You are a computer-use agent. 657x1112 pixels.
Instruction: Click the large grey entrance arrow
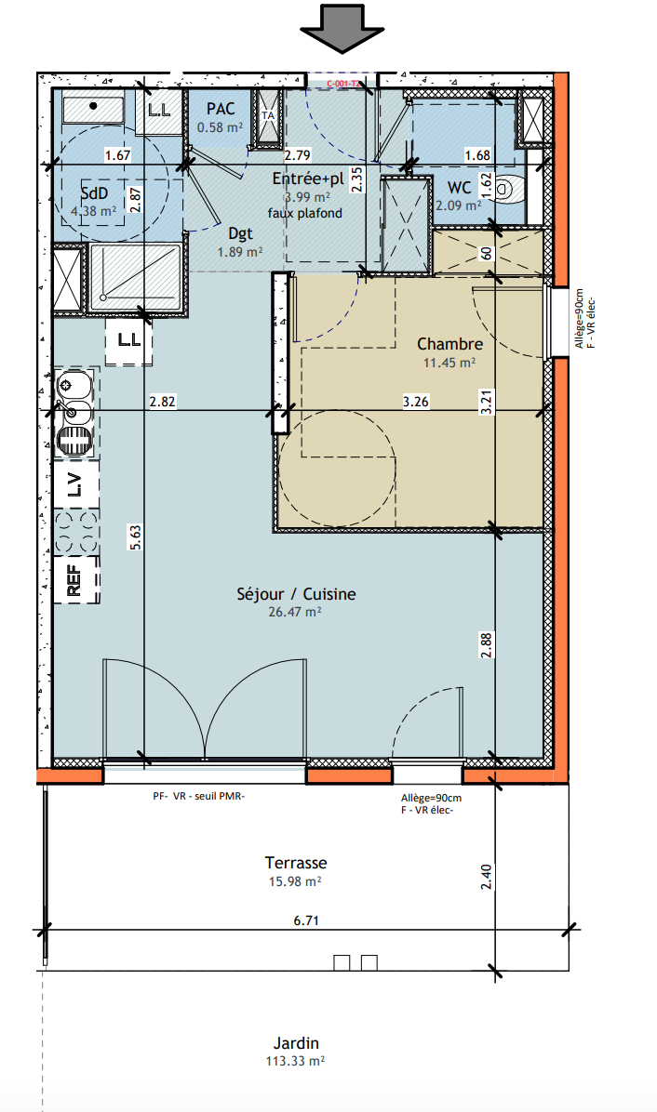click(x=342, y=29)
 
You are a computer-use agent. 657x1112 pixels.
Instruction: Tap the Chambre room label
click(x=449, y=344)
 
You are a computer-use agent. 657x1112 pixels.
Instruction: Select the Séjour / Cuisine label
click(x=296, y=594)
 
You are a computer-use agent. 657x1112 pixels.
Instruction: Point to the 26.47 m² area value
click(x=294, y=611)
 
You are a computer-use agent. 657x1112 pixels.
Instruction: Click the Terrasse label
click(x=296, y=863)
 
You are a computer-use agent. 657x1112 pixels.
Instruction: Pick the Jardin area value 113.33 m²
click(x=295, y=1061)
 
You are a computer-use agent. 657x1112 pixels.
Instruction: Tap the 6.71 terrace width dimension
click(x=306, y=920)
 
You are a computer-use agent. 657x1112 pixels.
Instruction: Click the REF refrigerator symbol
click(x=75, y=579)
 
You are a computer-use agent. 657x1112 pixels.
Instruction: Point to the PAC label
click(x=221, y=109)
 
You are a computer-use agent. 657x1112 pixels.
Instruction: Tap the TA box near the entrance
click(x=268, y=118)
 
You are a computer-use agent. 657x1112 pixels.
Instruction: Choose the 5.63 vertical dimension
click(x=136, y=536)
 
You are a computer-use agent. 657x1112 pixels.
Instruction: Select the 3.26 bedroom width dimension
click(x=415, y=402)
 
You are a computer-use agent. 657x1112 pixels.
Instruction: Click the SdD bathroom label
click(x=94, y=193)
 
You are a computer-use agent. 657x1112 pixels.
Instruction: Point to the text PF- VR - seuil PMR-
click(x=198, y=796)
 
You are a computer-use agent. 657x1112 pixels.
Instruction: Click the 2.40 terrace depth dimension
click(x=486, y=878)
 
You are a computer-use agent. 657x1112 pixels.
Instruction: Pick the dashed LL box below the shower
click(x=129, y=341)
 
